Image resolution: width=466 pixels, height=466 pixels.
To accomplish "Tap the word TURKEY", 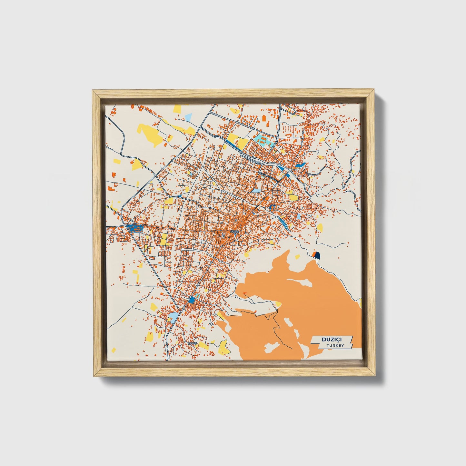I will (335, 345).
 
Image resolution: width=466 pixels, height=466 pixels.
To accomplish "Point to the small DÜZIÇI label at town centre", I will (234, 232).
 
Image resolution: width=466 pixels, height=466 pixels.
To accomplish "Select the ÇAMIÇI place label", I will (192, 343).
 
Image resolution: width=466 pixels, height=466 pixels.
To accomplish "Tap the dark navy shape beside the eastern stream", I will (317, 255).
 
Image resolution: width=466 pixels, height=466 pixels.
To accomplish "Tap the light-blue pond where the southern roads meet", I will (173, 317).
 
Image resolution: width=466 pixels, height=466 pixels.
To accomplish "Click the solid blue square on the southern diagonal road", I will (192, 300).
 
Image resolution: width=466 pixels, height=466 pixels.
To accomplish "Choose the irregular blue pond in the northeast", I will (300, 165).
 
